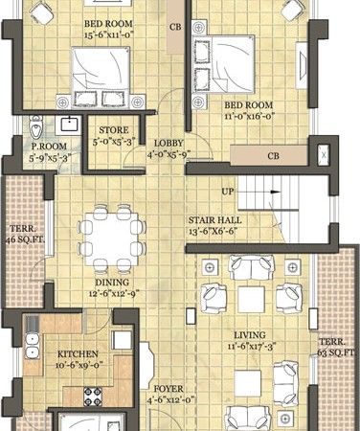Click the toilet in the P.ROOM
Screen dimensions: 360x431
pyautogui.click(x=35, y=126)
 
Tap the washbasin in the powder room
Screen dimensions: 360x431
pyautogui.click(x=69, y=125)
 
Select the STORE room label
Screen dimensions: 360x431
pyautogui.click(x=114, y=130)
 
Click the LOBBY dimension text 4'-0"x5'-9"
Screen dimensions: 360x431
pyautogui.click(x=169, y=155)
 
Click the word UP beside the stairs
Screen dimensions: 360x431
pyautogui.click(x=228, y=192)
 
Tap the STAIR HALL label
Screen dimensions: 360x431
pyautogui.click(x=214, y=220)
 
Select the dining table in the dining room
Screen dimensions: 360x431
pyautogui.click(x=112, y=238)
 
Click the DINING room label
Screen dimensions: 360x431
pyautogui.click(x=112, y=283)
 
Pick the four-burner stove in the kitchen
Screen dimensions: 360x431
pyautogui.click(x=93, y=397)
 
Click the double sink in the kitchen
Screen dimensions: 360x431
pyautogui.click(x=33, y=346)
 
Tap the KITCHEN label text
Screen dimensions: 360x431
pyautogui.click(x=78, y=354)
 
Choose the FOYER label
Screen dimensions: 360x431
pyautogui.click(x=169, y=389)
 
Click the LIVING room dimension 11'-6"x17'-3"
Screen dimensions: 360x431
pyautogui.click(x=252, y=347)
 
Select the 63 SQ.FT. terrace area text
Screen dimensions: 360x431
pyautogui.click(x=337, y=352)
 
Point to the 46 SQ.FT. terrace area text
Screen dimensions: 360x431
pyautogui.click(x=25, y=239)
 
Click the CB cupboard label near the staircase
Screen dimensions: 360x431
pyautogui.click(x=273, y=156)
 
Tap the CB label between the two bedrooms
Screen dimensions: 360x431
pyautogui.click(x=175, y=28)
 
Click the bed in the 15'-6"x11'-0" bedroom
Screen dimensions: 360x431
pyautogui.click(x=101, y=78)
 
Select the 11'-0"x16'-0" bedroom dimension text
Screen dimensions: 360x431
pyautogui.click(x=250, y=116)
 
